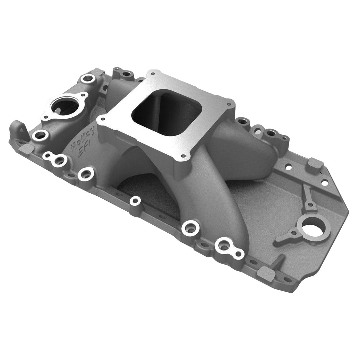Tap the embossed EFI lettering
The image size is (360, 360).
[x=84, y=151]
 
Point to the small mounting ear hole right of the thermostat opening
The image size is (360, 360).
[x=84, y=95]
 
